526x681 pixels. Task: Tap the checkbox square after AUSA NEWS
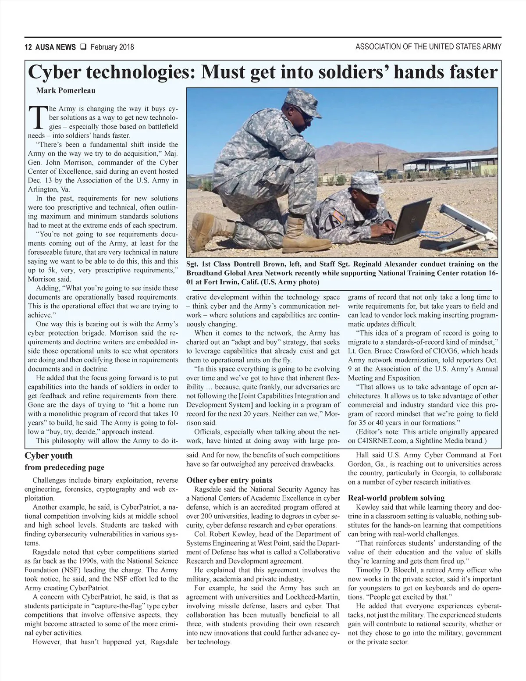point(82,47)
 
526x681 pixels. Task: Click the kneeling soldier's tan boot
point(300,234)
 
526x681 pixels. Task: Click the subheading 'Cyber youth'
point(49,456)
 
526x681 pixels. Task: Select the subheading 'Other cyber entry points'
point(229,480)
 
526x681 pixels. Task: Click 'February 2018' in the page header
point(112,47)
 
